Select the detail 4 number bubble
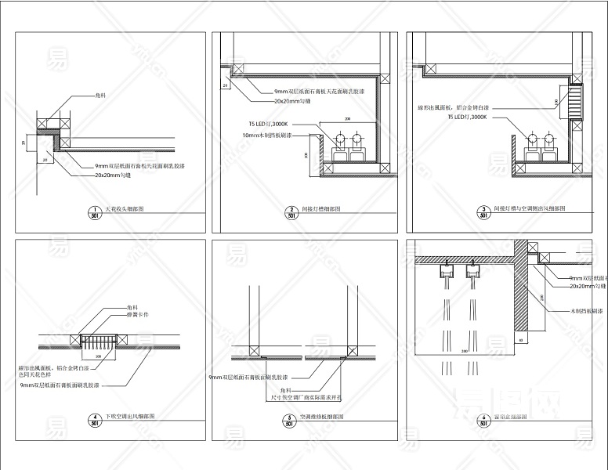(x=95, y=419)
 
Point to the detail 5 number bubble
(x=289, y=419)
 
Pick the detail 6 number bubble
(x=485, y=419)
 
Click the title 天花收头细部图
(x=125, y=210)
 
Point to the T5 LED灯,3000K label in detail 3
(x=467, y=116)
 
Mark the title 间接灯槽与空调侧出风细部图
(x=532, y=210)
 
